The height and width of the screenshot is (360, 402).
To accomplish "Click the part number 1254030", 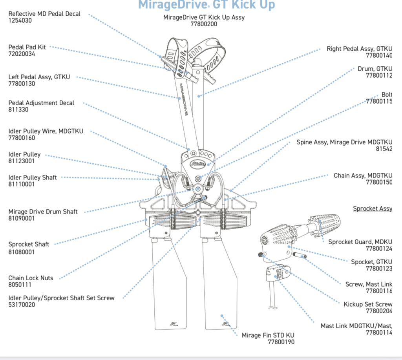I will (x=20, y=20).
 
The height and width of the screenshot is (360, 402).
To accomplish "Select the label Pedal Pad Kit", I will (x=27, y=47).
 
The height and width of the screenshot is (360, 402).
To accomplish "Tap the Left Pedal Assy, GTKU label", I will (x=39, y=77).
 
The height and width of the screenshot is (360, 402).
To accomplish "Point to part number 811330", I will (x=18, y=110).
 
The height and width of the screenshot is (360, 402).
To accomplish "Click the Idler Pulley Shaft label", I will (x=33, y=177).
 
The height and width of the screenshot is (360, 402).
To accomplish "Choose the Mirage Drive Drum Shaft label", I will (x=43, y=212).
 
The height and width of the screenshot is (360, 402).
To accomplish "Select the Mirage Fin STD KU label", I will (x=268, y=335).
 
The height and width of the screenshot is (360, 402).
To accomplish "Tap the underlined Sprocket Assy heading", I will (x=373, y=208).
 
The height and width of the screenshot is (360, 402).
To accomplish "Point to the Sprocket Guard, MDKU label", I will (x=360, y=242).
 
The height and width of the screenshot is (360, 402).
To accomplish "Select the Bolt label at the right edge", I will (x=387, y=95).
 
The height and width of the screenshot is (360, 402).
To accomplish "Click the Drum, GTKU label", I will (x=375, y=69).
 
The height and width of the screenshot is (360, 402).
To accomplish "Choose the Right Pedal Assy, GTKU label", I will (x=359, y=49).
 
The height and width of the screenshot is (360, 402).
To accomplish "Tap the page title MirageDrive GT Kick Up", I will (x=206, y=5).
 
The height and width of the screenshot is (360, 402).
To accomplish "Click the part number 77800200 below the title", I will (x=204, y=24).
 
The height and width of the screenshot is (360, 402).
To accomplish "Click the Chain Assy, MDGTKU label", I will (x=363, y=175).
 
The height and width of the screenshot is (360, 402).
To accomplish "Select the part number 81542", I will (x=384, y=149).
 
